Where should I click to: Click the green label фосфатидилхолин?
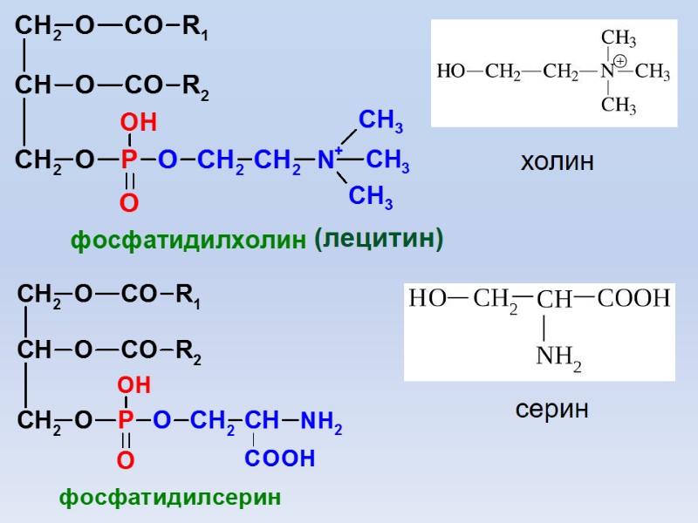(x=188, y=241)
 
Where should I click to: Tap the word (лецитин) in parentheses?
(x=379, y=238)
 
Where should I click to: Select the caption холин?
(x=557, y=161)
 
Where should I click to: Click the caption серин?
(x=551, y=408)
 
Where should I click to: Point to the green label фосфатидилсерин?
(x=170, y=498)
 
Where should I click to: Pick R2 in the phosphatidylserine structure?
(x=188, y=353)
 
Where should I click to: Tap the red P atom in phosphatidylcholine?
(x=129, y=160)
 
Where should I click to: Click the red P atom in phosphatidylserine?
(x=126, y=421)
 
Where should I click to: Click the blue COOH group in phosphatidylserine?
(x=279, y=458)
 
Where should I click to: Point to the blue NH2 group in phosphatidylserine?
(x=321, y=423)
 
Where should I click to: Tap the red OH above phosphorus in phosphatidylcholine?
(x=138, y=124)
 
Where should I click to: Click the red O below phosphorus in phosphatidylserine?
(x=126, y=460)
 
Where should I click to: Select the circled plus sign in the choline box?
(x=619, y=61)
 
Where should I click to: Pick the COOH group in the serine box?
(x=634, y=299)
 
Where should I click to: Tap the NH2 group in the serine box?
(x=558, y=357)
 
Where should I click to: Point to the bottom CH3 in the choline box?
(x=619, y=106)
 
